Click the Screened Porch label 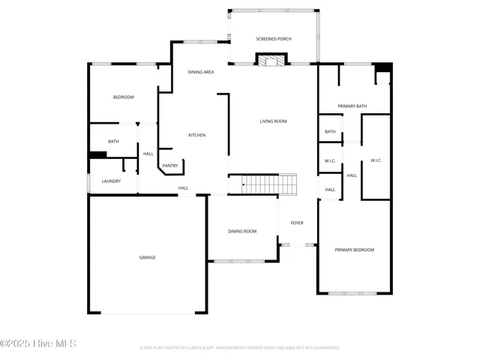(274, 39)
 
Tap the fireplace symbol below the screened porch (271, 59)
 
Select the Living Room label (273, 121)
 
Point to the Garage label (147, 258)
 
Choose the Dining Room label (242, 232)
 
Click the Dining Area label (201, 72)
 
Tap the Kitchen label (196, 135)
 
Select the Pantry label (170, 166)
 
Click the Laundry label (112, 181)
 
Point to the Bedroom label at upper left (123, 97)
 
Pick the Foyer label (297, 223)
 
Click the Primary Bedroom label (354, 250)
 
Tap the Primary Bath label (352, 106)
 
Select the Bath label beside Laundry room (113, 142)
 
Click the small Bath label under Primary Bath (330, 132)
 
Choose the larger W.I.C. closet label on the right (376, 160)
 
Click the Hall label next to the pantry (148, 154)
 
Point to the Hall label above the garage (183, 188)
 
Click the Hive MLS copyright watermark (38, 343)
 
